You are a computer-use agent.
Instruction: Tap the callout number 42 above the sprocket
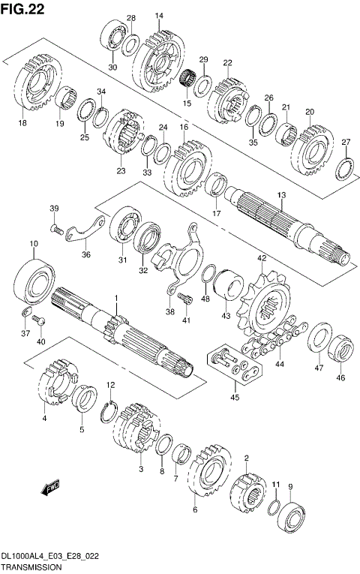pos(262,258)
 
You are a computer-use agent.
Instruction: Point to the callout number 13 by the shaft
pos(282,195)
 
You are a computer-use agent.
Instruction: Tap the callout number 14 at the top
pos(159,15)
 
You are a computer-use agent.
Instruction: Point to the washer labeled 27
pos(344,169)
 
